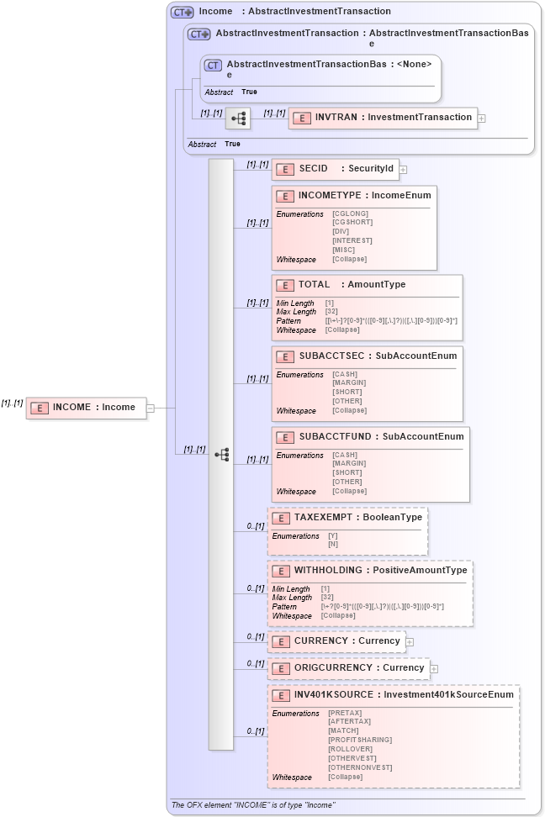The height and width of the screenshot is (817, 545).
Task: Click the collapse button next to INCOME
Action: pyautogui.click(x=151, y=408)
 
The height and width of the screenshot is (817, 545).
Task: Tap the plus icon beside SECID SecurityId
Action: pyautogui.click(x=404, y=170)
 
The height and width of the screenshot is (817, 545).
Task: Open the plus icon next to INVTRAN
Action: pyautogui.click(x=482, y=119)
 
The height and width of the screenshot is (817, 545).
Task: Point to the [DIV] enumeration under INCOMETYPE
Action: pyautogui.click(x=340, y=231)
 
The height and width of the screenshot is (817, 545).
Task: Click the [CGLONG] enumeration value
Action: pyautogui.click(x=350, y=213)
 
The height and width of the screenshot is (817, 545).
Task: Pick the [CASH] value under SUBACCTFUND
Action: pyautogui.click(x=344, y=455)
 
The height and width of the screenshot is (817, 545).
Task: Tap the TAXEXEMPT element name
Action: pyautogui.click(x=324, y=518)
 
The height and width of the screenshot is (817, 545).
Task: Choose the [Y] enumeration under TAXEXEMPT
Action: pyautogui.click(x=333, y=535)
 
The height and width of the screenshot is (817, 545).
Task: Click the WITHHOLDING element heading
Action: pyautogui.click(x=327, y=571)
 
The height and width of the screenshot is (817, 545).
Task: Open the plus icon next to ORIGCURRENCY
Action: pyautogui.click(x=434, y=669)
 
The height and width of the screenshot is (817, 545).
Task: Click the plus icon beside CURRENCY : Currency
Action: pyautogui.click(x=410, y=642)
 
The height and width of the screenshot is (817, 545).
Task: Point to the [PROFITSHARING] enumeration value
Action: pyautogui.click(x=360, y=740)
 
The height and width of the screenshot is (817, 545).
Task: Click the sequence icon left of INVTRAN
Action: pyautogui.click(x=238, y=119)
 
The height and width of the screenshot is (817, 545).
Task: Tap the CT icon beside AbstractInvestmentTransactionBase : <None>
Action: pyautogui.click(x=214, y=66)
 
